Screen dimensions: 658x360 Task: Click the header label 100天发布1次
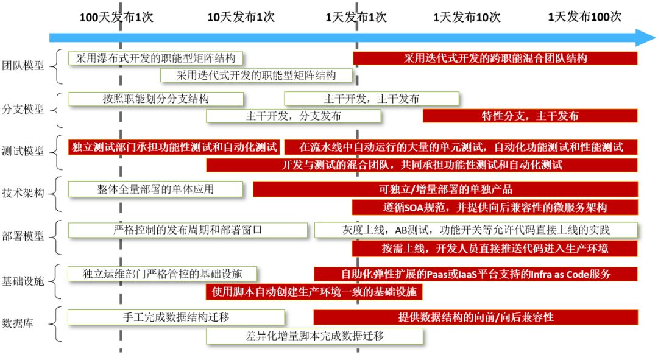click(x=116, y=17)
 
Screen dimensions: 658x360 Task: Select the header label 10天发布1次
click(x=241, y=17)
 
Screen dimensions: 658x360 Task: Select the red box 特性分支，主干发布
click(x=530, y=116)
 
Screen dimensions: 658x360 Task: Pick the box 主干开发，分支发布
click(x=293, y=116)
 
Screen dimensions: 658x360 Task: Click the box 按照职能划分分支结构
click(x=156, y=99)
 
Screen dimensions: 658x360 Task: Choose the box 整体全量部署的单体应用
click(x=156, y=189)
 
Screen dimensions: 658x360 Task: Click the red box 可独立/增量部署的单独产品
click(x=445, y=189)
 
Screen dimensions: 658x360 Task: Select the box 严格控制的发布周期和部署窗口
click(x=188, y=230)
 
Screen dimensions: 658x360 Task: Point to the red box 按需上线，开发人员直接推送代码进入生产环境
click(x=495, y=249)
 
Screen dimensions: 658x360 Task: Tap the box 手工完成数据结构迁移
click(x=176, y=317)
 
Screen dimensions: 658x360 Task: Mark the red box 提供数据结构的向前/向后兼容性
click(x=476, y=317)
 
